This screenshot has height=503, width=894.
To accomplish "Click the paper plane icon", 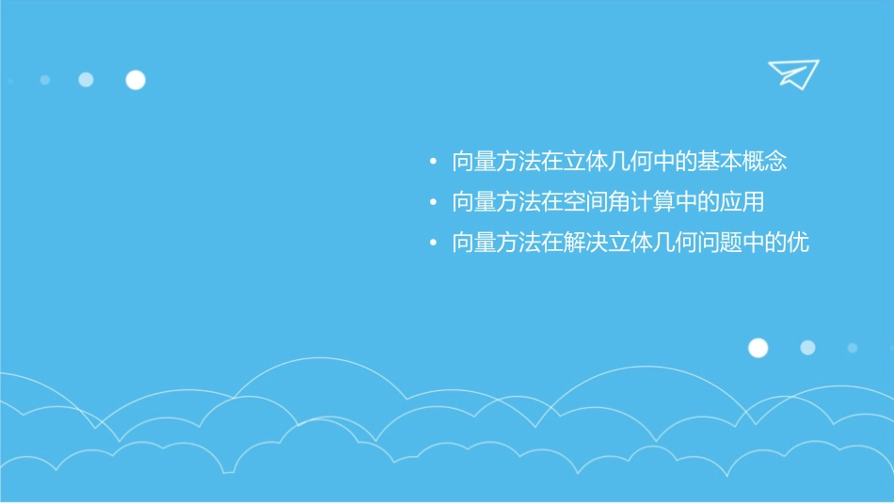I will [792, 73].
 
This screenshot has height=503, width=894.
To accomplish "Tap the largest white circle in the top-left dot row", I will [136, 80].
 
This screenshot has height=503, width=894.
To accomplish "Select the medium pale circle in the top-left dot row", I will [86, 80].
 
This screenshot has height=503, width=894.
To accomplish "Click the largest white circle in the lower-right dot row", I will [758, 348].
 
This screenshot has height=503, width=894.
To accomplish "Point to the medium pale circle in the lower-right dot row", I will [807, 348].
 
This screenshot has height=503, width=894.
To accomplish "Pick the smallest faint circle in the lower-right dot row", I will [853, 348].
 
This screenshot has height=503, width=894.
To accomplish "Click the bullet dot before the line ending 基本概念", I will [433, 163].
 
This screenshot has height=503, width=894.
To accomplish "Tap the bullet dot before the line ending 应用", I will [433, 203].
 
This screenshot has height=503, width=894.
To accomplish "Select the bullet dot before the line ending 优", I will [433, 244].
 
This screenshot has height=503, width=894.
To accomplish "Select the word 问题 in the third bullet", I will [723, 243].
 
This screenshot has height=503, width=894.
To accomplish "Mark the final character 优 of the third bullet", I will [798, 243].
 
